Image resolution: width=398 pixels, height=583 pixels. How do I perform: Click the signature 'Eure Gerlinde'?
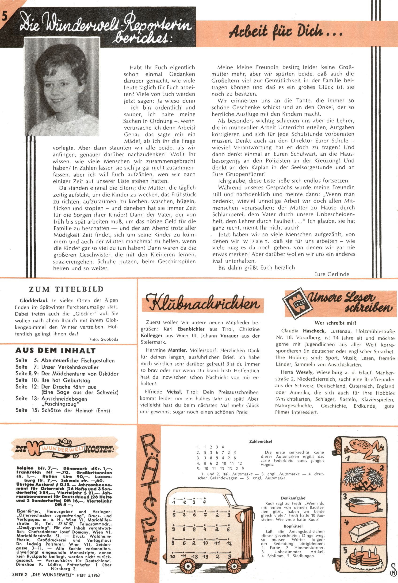pos(331,274)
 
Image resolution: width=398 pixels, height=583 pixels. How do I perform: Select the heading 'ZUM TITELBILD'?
pos(66,289)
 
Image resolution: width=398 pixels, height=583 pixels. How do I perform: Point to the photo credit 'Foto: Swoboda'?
pos(103,339)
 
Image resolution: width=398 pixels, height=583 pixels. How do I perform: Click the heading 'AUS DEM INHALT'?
pos(55,350)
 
